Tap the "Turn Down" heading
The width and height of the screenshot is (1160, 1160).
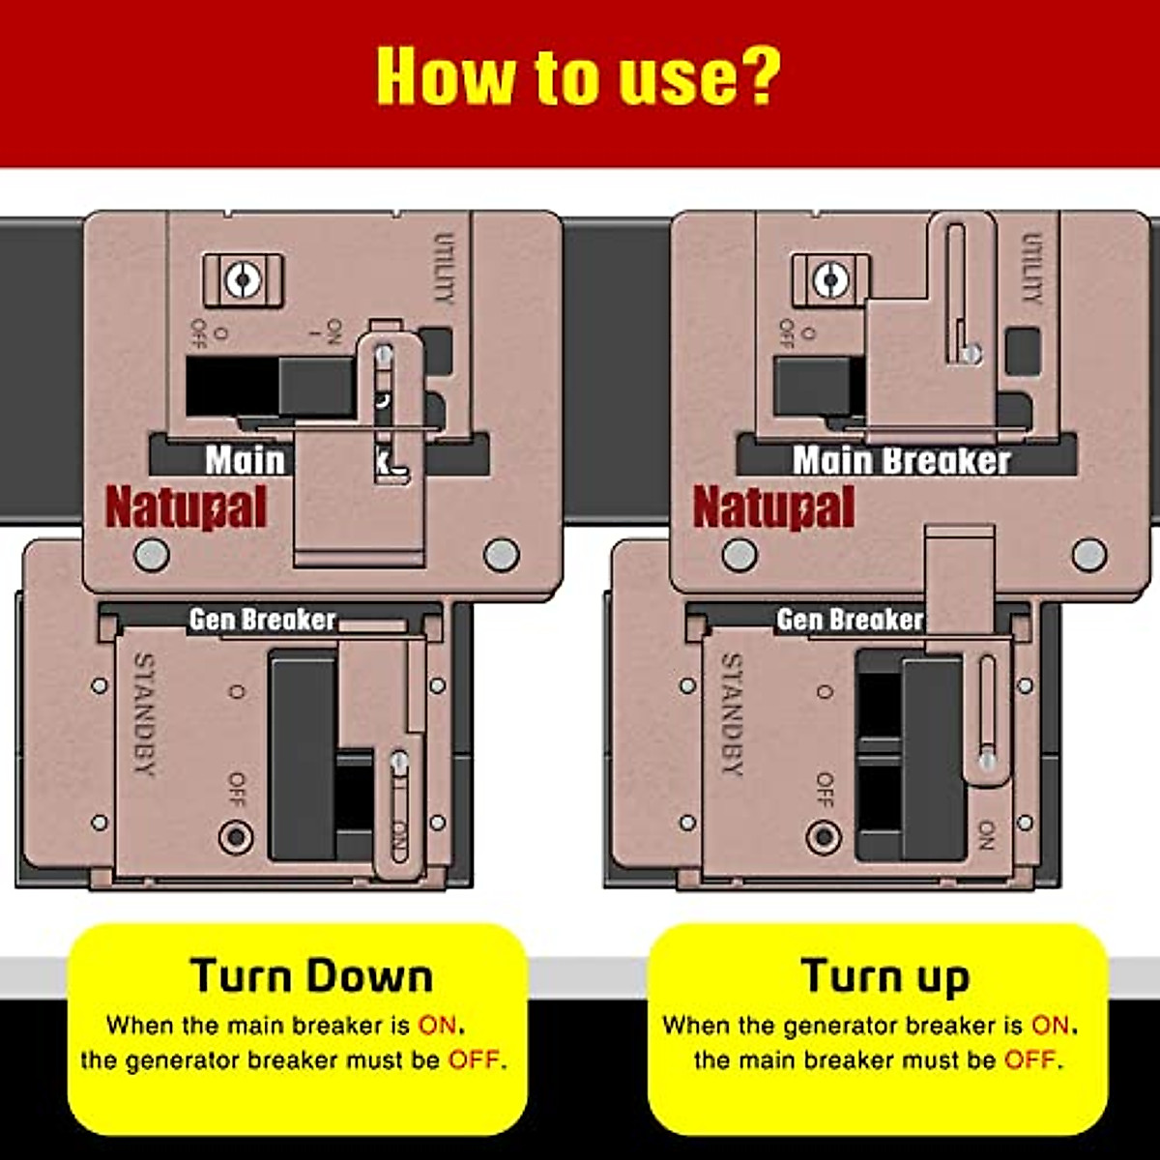point(311,975)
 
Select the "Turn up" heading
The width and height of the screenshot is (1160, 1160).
point(884,976)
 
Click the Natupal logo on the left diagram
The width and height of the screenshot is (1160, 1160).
point(186,507)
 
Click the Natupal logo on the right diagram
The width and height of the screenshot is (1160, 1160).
point(773,507)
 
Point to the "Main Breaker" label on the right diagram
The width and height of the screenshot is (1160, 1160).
point(901,461)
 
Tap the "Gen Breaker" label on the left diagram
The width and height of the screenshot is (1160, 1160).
point(262,620)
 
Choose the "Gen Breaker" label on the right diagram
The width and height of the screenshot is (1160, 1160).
point(850,620)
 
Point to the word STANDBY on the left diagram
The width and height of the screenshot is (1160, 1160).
point(143,714)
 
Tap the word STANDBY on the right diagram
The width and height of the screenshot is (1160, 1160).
point(732,714)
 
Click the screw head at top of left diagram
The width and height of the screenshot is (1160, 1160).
point(243,281)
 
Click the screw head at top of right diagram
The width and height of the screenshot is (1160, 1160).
point(829,281)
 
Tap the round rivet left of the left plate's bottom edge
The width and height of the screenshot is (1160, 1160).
point(151,555)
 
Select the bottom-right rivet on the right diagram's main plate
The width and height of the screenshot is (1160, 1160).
point(1089,555)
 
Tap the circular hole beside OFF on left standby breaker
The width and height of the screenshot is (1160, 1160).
point(236,835)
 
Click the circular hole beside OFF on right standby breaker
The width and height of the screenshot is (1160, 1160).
point(824,835)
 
